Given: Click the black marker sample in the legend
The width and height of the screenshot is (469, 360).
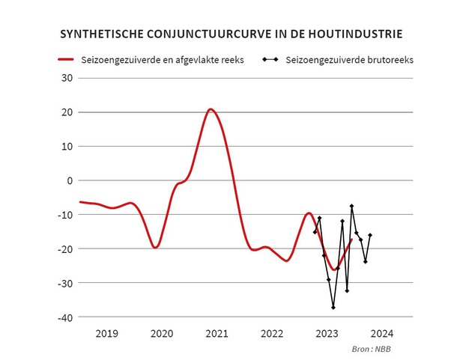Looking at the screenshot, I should [x=270, y=58].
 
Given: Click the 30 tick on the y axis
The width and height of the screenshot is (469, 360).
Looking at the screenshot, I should [x=67, y=78].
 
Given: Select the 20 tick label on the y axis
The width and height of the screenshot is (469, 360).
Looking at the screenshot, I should [x=67, y=112].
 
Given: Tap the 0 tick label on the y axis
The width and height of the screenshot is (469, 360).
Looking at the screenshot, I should [x=70, y=180].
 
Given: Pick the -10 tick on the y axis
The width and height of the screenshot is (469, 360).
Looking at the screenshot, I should [x=65, y=215].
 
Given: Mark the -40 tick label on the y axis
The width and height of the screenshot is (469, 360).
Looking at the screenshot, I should [x=65, y=317].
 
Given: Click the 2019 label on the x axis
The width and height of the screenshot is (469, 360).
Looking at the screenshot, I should [x=106, y=334].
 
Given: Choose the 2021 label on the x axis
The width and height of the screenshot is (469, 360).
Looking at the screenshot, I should [x=217, y=334].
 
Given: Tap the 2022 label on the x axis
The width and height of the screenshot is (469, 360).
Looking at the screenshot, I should [x=271, y=334].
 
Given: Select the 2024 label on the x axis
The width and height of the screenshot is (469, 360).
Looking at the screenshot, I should [x=381, y=334].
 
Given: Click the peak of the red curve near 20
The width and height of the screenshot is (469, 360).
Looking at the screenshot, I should [x=211, y=109].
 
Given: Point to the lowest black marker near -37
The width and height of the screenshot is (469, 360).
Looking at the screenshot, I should [x=333, y=308].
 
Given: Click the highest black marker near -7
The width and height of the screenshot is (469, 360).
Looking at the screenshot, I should [x=351, y=206].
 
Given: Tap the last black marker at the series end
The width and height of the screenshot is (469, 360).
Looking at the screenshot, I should [x=370, y=235].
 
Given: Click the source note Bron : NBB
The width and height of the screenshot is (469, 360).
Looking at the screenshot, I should [x=371, y=350].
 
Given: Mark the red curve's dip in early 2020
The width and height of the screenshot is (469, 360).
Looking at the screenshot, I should [x=155, y=247].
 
